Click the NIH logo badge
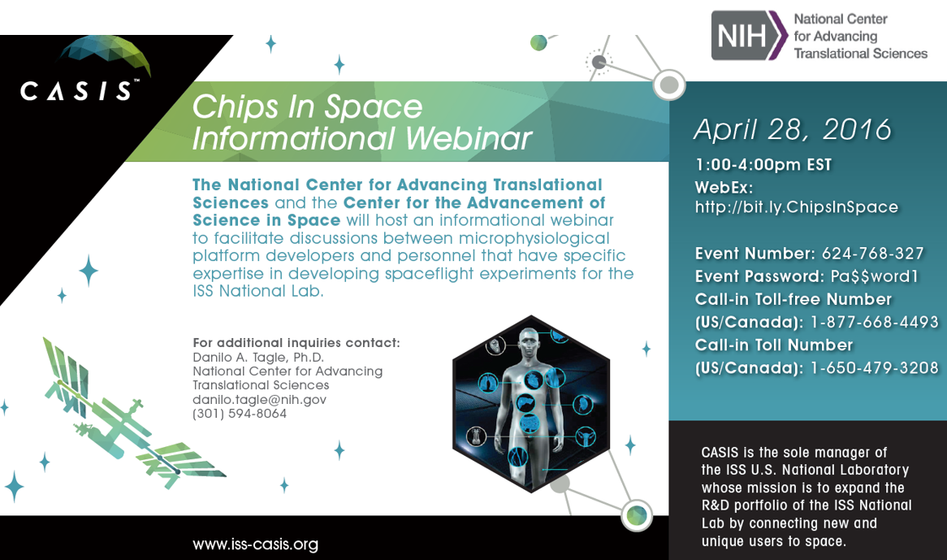pyautogui.click(x=749, y=36)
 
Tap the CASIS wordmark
pyautogui.click(x=76, y=91)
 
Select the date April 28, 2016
pyautogui.click(x=792, y=129)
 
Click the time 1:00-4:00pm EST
pyautogui.click(x=763, y=165)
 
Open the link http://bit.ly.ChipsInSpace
pyautogui.click(x=797, y=207)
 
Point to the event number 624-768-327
pyautogui.click(x=873, y=253)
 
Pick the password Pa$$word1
pyautogui.click(x=874, y=276)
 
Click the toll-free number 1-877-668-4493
pyautogui.click(x=875, y=323)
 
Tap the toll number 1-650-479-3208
pyautogui.click(x=875, y=368)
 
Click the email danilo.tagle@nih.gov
pyautogui.click(x=259, y=399)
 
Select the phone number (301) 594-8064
pyautogui.click(x=240, y=414)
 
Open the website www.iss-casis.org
pyautogui.click(x=256, y=545)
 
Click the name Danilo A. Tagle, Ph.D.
pyautogui.click(x=258, y=357)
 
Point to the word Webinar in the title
pyautogui.click(x=469, y=138)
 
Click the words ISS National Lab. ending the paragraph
pyautogui.click(x=258, y=291)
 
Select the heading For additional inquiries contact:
pyautogui.click(x=296, y=342)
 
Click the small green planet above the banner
pyautogui.click(x=538, y=42)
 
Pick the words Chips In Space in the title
pyautogui.click(x=307, y=107)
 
